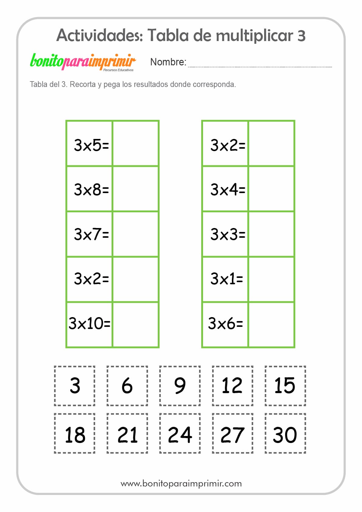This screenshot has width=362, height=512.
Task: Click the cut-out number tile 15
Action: pyautogui.click(x=285, y=386)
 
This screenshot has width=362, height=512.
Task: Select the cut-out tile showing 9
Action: pyautogui.click(x=180, y=386)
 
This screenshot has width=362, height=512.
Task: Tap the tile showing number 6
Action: pyautogui.click(x=127, y=386)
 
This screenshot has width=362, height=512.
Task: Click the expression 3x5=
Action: pyautogui.click(x=91, y=145)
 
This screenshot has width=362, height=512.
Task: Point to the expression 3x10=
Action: pyautogui.click(x=89, y=323)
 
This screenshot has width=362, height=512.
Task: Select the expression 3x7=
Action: pyautogui.click(x=91, y=234)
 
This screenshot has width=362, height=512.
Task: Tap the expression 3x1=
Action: pyautogui.click(x=227, y=278)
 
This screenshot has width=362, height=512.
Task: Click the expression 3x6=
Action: pyautogui.click(x=226, y=323)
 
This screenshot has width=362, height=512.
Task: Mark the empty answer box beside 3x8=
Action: pyautogui.click(x=136, y=189)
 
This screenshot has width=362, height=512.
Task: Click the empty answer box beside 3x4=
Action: pyautogui.click(x=271, y=189)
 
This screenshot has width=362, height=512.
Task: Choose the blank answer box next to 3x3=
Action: pyautogui.click(x=271, y=234)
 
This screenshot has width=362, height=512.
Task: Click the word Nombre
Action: pyautogui.click(x=168, y=62)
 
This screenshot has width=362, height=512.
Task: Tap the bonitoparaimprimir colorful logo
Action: pyautogui.click(x=83, y=62)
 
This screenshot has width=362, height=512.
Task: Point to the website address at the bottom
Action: pyautogui.click(x=181, y=483)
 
